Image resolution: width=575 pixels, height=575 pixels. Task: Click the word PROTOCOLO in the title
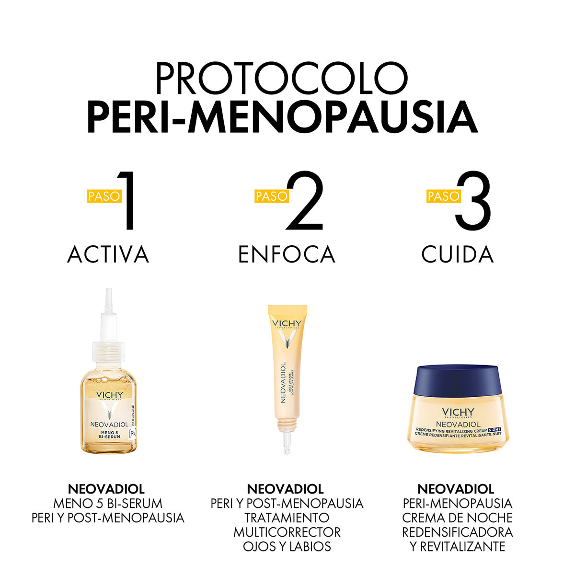tap(282, 78)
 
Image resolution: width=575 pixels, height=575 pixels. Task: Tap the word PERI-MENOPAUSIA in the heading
tap(282, 117)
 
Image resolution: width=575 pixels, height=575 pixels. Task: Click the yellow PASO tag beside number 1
tap(104, 196)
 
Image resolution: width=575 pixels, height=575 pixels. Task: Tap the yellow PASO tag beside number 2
tap(272, 196)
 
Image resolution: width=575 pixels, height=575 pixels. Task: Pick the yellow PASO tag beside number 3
tap(443, 196)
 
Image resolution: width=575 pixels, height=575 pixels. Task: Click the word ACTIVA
tap(108, 254)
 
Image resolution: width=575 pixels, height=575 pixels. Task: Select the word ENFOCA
tap(287, 254)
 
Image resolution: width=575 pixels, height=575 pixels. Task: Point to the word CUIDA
tap(457, 254)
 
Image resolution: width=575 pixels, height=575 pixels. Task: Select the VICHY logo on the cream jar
tap(458, 413)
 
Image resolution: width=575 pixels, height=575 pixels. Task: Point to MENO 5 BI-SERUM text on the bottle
tap(109, 435)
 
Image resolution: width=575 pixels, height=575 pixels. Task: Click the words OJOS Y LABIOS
tap(287, 546)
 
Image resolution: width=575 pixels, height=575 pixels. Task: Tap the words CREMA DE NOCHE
tap(457, 517)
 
